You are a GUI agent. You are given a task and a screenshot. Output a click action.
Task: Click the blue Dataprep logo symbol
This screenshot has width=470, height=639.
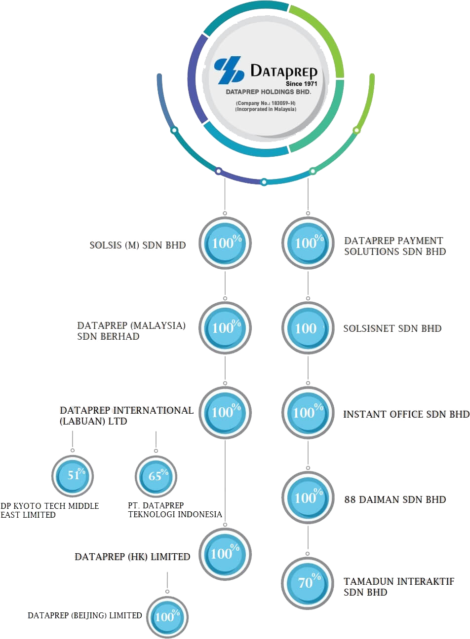pyautogui.click(x=229, y=70)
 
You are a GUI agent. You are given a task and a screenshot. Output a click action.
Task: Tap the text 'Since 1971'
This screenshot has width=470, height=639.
pyautogui.click(x=301, y=83)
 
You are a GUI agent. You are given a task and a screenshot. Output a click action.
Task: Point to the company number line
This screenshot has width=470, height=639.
pyautogui.click(x=266, y=103)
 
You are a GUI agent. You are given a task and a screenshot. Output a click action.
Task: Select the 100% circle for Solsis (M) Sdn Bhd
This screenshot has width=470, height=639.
pyautogui.click(x=225, y=243)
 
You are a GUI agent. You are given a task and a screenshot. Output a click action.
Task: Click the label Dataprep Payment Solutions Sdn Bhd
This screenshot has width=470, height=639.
pyautogui.click(x=394, y=246)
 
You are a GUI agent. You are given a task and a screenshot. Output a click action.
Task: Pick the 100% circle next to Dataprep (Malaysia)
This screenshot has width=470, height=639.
pyautogui.click(x=225, y=328)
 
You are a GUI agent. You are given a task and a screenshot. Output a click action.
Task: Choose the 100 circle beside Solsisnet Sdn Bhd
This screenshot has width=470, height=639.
pyautogui.click(x=308, y=328)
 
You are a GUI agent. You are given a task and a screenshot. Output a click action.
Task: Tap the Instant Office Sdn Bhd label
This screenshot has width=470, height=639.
pyautogui.click(x=406, y=414)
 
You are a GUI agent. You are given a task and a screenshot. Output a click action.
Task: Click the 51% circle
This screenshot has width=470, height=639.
pyautogui.click(x=73, y=476)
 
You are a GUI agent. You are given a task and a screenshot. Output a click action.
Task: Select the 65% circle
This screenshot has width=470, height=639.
pyautogui.click(x=156, y=476)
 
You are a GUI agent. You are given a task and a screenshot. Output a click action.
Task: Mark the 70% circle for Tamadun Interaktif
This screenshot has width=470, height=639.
pyautogui.click(x=308, y=583)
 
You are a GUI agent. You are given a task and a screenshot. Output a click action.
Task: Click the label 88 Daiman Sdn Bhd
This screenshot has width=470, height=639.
pyautogui.click(x=394, y=499)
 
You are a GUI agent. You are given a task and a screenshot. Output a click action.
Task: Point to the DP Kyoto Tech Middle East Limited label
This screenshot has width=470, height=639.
pyautogui.click(x=49, y=510)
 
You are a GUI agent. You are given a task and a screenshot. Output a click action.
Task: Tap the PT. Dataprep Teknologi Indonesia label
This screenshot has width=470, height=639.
pyautogui.click(x=175, y=510)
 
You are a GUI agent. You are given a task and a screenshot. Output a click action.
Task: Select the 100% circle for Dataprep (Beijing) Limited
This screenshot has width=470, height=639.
pyautogui.click(x=167, y=616)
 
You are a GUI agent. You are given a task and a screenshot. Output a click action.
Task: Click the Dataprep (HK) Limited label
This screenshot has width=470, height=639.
pyautogui.click(x=132, y=557)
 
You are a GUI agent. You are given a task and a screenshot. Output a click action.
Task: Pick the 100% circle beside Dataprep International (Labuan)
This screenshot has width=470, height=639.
pyautogui.click(x=225, y=413)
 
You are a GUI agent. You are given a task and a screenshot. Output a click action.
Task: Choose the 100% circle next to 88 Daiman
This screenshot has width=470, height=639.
pyautogui.click(x=308, y=497)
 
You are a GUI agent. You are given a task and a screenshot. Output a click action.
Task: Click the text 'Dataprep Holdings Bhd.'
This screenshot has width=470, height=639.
pyautogui.click(x=268, y=92)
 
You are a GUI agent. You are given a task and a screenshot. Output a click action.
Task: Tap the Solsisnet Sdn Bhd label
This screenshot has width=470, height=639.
pyautogui.click(x=392, y=328)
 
